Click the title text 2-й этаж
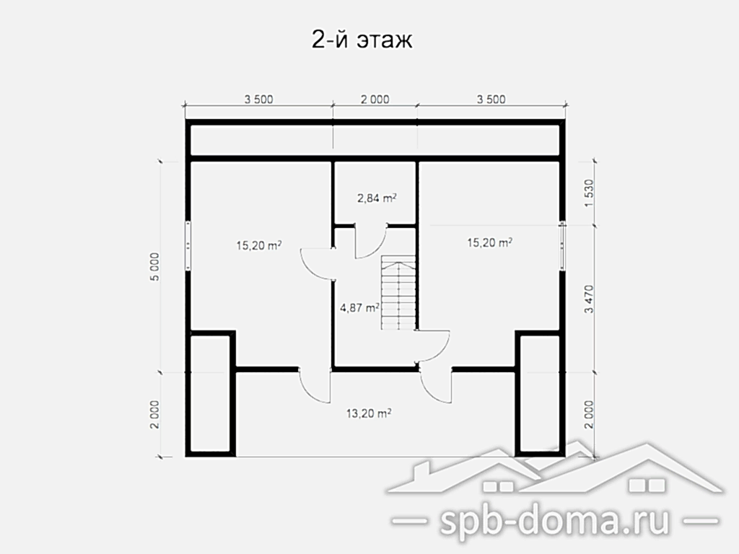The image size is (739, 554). pyautogui.click(x=362, y=40)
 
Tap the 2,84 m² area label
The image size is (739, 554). pyautogui.click(x=377, y=198)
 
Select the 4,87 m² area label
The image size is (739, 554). pyautogui.click(x=359, y=308)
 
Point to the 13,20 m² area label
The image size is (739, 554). pyautogui.click(x=369, y=413)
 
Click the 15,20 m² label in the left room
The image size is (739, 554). pyautogui.click(x=259, y=245)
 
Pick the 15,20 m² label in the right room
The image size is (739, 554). pyautogui.click(x=490, y=242)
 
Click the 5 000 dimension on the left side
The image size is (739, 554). pyautogui.click(x=155, y=267)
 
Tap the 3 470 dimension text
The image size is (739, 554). pyautogui.click(x=589, y=299)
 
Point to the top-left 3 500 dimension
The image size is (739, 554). pyautogui.click(x=259, y=100)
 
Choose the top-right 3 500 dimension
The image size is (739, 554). pyautogui.click(x=491, y=100)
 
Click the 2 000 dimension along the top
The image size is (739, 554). pyautogui.click(x=375, y=100)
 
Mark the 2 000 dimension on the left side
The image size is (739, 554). pyautogui.click(x=155, y=415)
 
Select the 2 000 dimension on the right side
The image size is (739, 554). pyautogui.click(x=589, y=415)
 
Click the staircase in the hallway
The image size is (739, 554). pyautogui.click(x=398, y=293)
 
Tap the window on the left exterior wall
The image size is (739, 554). pyautogui.click(x=188, y=245)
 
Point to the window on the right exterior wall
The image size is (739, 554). pyautogui.click(x=562, y=245)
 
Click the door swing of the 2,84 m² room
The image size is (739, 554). pyautogui.click(x=370, y=241)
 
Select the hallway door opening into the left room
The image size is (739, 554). pyautogui.click(x=318, y=264)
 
